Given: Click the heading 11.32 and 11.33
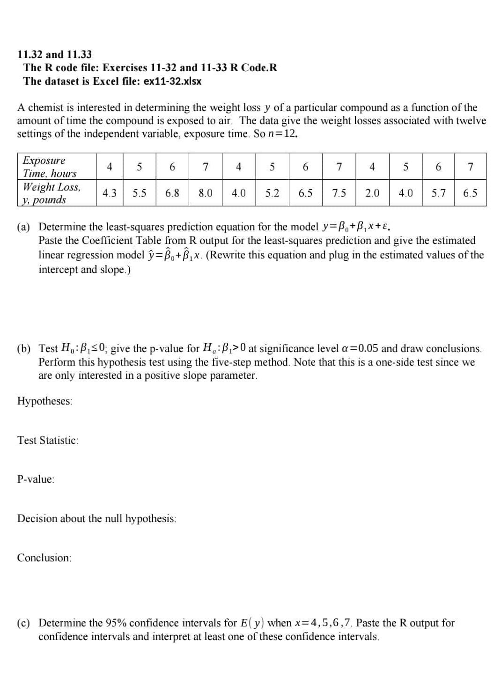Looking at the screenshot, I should coord(54,54).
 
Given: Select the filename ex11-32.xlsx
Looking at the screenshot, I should coord(172,81).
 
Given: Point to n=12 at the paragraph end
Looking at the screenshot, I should coord(282,134).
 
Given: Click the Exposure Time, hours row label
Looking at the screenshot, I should coord(50,167).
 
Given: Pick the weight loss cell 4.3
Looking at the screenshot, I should coord(110,193).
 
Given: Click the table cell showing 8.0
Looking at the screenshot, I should coord(206,193).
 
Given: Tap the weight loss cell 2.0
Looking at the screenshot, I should coord(372,193).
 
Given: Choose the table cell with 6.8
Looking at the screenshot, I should coord(172,193).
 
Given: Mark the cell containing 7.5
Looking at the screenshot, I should coord(339,193).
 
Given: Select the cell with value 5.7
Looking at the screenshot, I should coord(438,193).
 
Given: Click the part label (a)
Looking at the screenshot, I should coord(23,228).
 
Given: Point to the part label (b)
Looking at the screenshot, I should coord(23,349).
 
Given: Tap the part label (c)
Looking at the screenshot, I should coord(23,623).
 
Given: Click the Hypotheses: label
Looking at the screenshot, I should coord(45,401).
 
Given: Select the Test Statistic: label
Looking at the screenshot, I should coord(48,441).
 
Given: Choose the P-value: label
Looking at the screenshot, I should coord(36,479).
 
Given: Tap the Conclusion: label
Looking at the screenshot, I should coord(44,558).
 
